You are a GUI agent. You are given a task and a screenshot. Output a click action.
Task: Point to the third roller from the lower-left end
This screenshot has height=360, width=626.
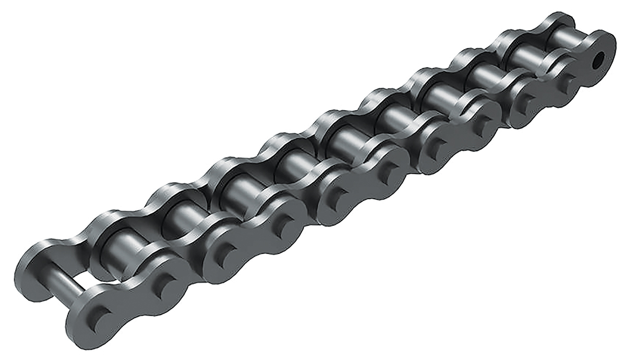point(232,190)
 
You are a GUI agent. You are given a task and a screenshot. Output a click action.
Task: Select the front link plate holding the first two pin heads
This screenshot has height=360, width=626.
point(130,303)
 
